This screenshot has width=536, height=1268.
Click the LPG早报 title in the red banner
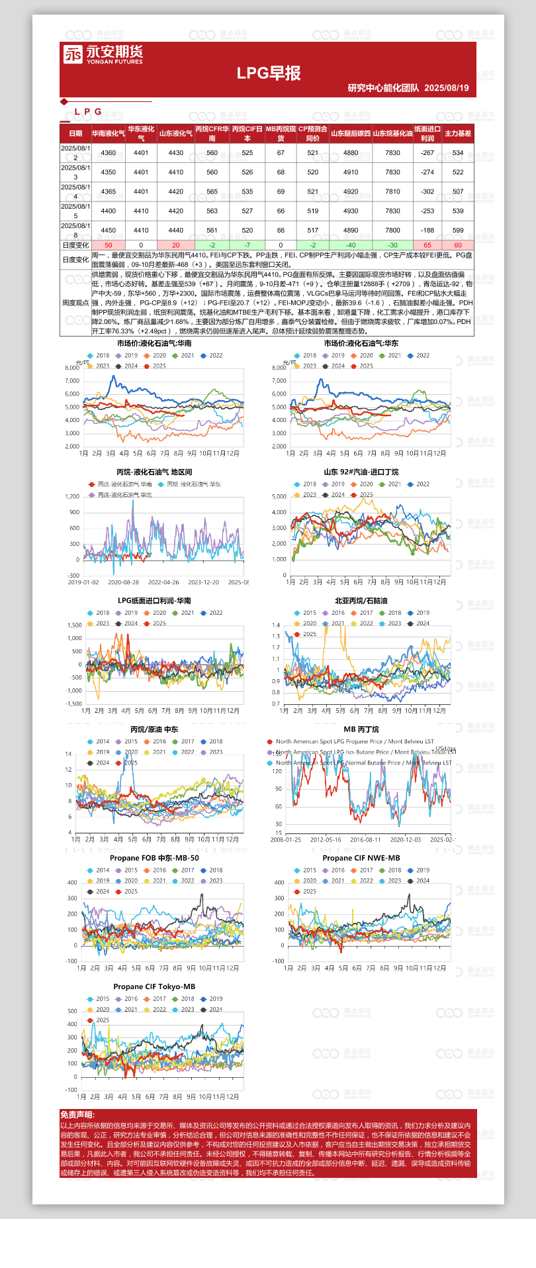tap(269, 74)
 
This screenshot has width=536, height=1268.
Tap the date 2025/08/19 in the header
tap(446, 88)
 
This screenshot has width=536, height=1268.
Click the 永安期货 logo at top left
tap(103, 54)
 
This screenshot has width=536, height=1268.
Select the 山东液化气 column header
tap(175, 134)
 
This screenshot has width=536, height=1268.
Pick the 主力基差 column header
tap(458, 134)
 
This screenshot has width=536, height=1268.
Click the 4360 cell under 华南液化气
tap(108, 153)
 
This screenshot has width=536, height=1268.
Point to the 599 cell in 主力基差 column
tap(458, 231)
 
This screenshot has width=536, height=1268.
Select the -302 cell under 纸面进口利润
tap(427, 192)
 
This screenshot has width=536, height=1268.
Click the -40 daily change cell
tap(351, 245)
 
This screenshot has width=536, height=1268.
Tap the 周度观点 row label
tap(75, 303)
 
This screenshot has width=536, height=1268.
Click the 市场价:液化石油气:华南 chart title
tap(154, 343)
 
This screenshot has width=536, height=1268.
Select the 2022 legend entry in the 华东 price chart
tap(419, 356)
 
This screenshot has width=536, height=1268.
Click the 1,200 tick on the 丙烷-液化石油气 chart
tap(72, 496)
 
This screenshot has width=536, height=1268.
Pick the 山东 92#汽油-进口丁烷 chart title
tap(361, 472)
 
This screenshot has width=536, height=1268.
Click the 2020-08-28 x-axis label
tap(123, 582)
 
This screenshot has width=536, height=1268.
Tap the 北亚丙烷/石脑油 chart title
tap(361, 601)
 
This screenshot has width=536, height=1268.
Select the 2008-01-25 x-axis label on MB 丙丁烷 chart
tap(286, 839)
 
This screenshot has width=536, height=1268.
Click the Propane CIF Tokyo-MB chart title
tap(154, 986)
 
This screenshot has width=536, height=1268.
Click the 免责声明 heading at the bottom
tap(77, 1115)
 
